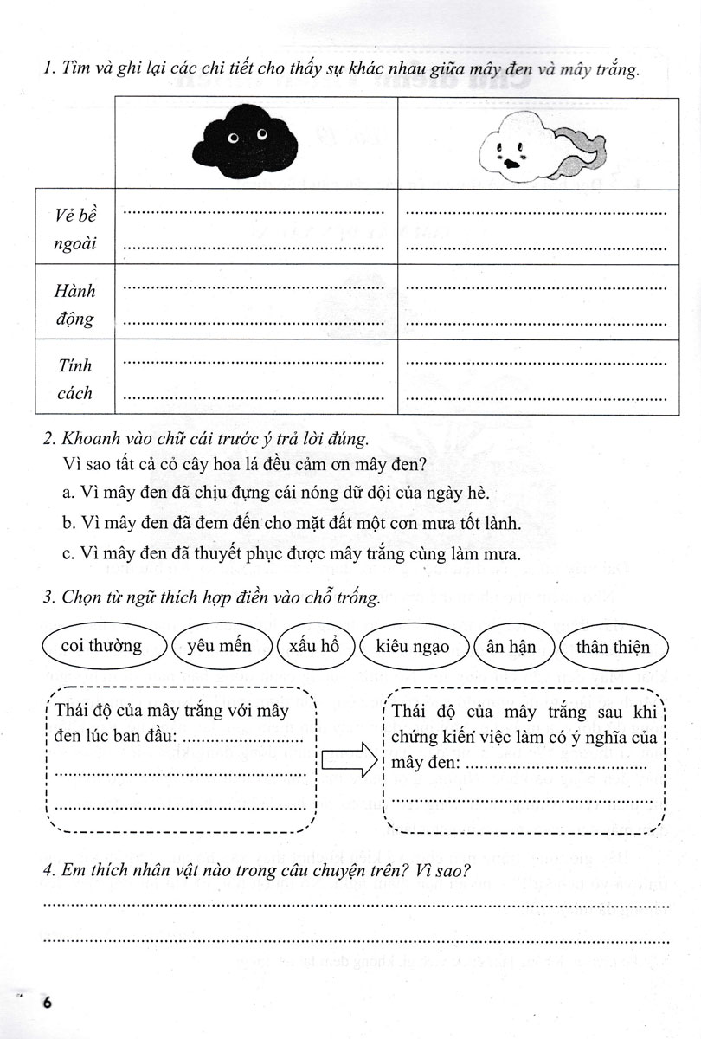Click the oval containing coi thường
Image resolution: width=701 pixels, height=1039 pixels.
pyautogui.click(x=102, y=647)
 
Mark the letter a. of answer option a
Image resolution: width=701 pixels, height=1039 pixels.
pyautogui.click(x=67, y=492)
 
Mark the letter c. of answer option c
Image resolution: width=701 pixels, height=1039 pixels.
pyautogui.click(x=67, y=553)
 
